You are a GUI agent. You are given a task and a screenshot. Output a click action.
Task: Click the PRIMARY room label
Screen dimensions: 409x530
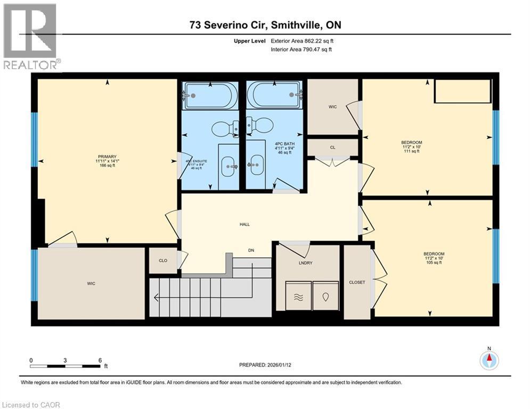tap(107, 157)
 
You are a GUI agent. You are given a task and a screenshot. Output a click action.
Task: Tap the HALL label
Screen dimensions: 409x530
tap(244, 224)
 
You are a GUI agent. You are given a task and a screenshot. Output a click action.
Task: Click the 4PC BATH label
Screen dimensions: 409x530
tap(285, 144)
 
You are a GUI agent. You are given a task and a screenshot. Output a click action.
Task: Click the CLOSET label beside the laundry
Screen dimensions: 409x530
tap(357, 282)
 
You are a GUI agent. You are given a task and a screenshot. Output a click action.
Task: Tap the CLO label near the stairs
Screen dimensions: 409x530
tap(164, 261)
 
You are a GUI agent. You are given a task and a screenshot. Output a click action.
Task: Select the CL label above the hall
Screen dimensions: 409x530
tap(332, 148)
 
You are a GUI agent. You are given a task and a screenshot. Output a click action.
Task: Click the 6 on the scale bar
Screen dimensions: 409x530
tap(100, 360)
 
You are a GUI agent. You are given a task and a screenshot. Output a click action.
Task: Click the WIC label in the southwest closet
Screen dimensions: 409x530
tap(91, 283)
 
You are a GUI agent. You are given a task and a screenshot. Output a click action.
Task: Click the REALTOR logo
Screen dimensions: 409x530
tap(30, 37)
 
